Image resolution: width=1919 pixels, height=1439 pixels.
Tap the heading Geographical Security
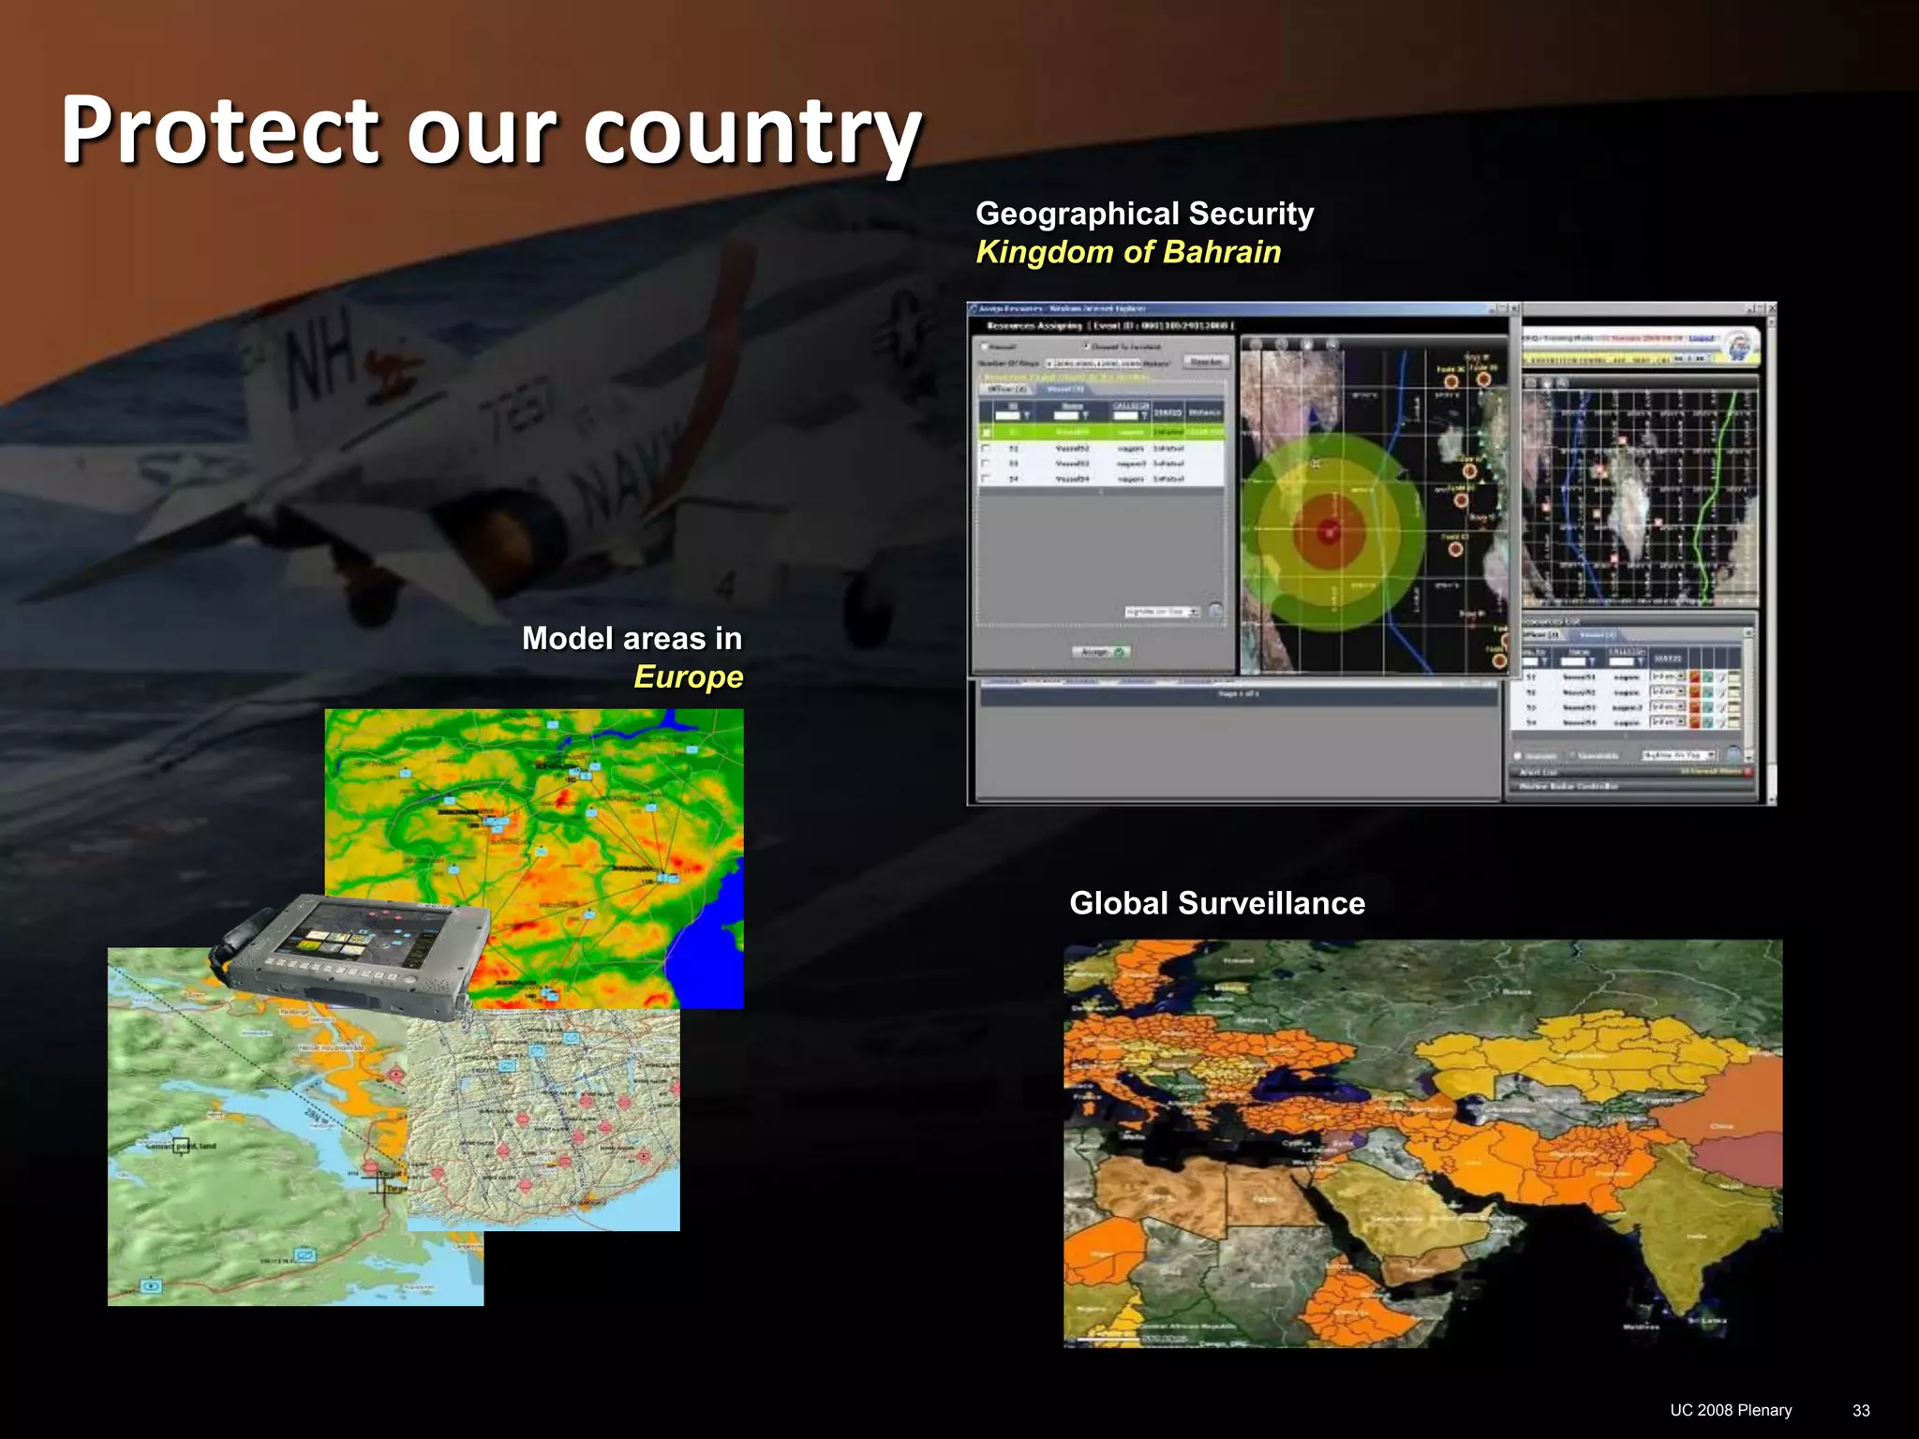tap(1144, 214)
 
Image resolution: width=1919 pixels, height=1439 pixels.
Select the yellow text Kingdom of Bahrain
tap(1128, 252)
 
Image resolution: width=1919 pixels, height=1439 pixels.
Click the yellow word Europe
tap(688, 676)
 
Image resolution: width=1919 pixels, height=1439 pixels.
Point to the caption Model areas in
tap(632, 638)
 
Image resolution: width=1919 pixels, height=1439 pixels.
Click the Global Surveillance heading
tap(1216, 903)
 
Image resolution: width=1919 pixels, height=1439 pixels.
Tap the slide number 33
tap(1861, 1411)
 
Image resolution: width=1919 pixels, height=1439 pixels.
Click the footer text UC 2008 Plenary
tap(1731, 1411)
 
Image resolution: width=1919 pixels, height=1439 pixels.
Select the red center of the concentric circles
tap(1329, 532)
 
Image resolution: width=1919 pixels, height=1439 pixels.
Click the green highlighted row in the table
tap(1101, 432)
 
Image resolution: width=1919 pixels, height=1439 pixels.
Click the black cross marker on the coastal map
tap(380, 1185)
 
